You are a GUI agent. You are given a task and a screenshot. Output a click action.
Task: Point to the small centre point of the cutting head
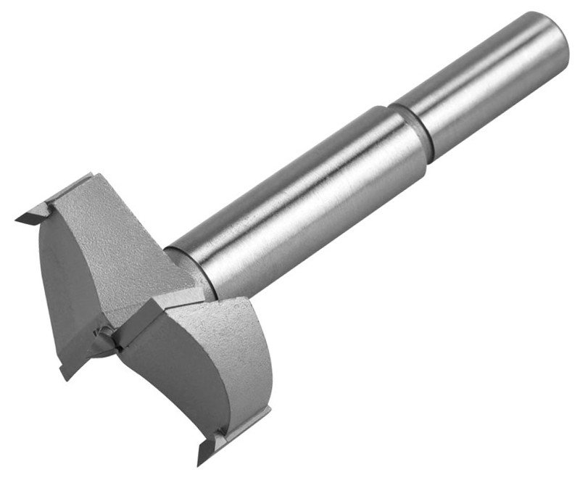click(x=107, y=331)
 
